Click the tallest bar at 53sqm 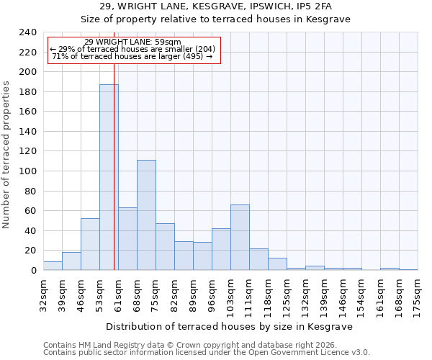click(x=109, y=177)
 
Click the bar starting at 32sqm click(x=53, y=266)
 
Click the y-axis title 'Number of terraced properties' click(x=6, y=155)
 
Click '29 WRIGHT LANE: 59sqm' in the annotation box click(x=132, y=42)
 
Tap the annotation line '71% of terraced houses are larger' click(x=132, y=56)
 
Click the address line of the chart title click(x=215, y=7)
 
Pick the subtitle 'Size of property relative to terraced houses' click(x=215, y=19)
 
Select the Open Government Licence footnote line click(x=207, y=352)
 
